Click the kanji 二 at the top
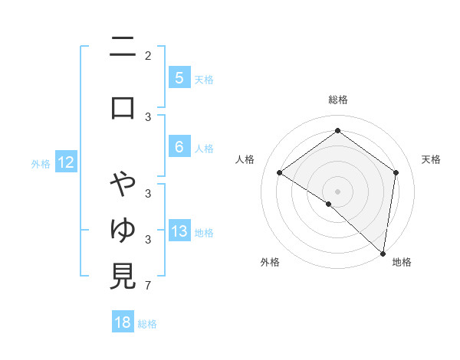click(123, 50)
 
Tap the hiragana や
click(123, 185)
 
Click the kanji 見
click(123, 277)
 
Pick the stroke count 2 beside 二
click(147, 56)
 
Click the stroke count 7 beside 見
click(147, 286)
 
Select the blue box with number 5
click(179, 78)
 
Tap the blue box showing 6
click(179, 147)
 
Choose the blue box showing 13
click(179, 231)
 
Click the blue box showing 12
click(65, 162)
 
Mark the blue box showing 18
click(123, 322)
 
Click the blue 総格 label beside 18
click(147, 324)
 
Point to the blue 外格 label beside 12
click(41, 163)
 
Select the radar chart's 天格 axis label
click(431, 159)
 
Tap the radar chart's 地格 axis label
click(402, 262)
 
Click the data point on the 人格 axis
click(280, 173)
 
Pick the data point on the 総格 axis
click(337, 131)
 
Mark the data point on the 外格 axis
click(329, 204)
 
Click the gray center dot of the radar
click(337, 191)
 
